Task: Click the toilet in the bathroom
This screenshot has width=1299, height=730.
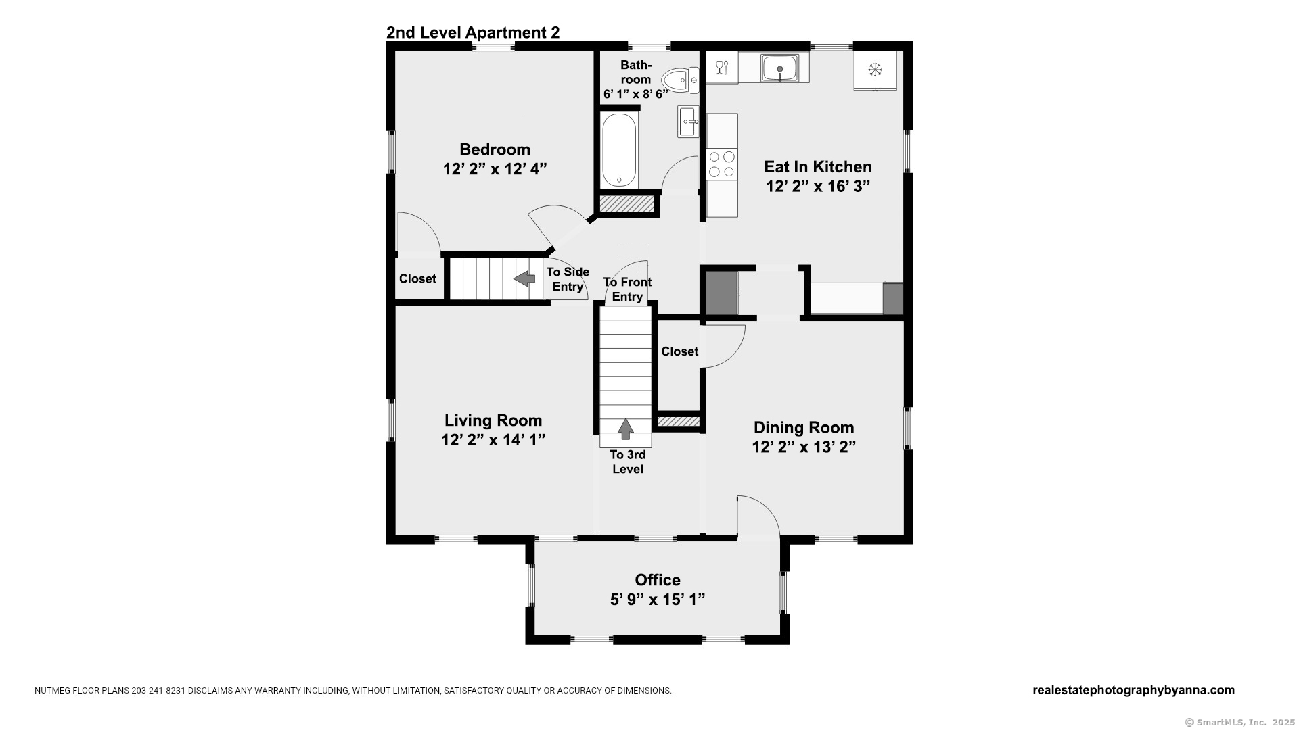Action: click(680, 80)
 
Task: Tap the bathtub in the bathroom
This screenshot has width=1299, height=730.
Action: click(619, 150)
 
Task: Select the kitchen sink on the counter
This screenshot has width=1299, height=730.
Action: click(780, 68)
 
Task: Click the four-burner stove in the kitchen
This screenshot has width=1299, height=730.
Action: click(722, 164)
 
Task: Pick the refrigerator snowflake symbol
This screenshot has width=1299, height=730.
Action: click(875, 69)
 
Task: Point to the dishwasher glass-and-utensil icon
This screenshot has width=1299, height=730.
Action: click(722, 67)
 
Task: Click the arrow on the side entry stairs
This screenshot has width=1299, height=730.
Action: click(524, 278)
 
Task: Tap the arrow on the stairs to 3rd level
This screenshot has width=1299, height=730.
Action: click(626, 429)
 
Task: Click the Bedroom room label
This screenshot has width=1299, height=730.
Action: click(495, 149)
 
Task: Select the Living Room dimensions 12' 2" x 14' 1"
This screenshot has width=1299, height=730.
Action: click(493, 440)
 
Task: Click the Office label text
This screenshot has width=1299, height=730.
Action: click(658, 580)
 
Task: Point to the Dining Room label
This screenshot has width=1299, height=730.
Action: click(804, 428)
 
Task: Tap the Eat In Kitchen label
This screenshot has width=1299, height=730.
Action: click(818, 167)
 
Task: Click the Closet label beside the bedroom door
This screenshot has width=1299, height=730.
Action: click(417, 278)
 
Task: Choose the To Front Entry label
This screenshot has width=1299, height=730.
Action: click(627, 289)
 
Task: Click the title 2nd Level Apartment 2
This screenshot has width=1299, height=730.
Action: click(473, 32)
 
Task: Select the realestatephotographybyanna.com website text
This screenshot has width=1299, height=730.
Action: click(1133, 690)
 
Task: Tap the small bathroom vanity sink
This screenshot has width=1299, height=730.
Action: click(688, 122)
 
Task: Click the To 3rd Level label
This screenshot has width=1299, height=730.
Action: click(628, 462)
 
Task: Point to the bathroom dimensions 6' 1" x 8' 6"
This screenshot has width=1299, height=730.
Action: click(636, 94)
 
